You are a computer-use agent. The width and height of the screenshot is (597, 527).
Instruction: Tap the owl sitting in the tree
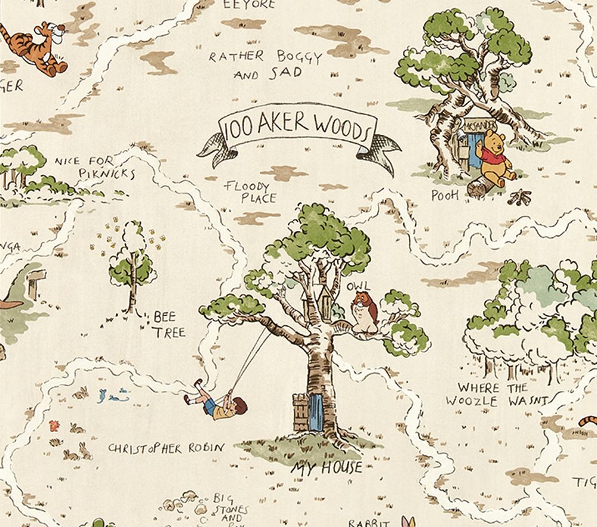364,311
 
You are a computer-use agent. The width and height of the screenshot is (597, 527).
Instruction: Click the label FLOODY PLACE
251,192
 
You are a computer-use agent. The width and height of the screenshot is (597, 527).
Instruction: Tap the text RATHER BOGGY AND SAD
265,64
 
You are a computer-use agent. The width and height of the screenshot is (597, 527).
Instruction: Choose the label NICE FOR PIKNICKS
95,167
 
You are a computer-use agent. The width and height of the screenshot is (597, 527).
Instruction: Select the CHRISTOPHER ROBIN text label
167,448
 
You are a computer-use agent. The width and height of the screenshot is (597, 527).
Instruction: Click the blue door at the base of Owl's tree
317,412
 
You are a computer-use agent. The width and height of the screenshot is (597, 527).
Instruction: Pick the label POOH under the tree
445,195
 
